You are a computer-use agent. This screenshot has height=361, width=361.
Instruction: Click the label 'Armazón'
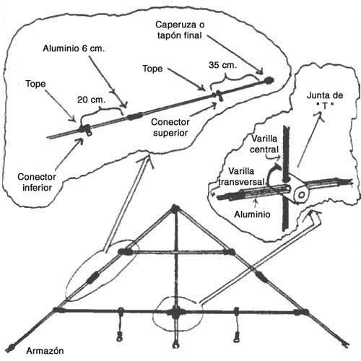tap(45, 351)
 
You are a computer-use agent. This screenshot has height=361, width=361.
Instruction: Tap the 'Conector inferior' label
tap(37, 182)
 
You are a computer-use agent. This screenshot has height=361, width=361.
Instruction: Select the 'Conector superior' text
tap(170, 127)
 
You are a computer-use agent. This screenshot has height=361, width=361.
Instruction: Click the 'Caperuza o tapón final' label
tap(180, 30)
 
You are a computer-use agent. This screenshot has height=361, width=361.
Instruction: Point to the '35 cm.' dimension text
tap(222, 65)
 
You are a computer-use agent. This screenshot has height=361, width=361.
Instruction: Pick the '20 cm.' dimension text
tap(91, 100)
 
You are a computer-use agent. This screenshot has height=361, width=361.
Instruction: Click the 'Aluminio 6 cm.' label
tap(74, 48)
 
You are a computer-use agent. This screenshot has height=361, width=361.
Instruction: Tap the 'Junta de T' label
tap(325, 100)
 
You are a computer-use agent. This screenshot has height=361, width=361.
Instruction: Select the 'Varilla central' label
tap(264, 144)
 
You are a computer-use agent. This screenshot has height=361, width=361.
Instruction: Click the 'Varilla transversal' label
tap(241, 176)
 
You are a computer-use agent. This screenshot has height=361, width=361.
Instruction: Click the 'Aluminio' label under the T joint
tap(252, 214)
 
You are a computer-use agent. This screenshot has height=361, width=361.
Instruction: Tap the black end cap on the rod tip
tap(269, 79)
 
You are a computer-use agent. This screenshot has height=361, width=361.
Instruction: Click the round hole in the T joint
tap(301, 195)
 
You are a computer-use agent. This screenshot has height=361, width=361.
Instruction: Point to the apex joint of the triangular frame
tap(175, 208)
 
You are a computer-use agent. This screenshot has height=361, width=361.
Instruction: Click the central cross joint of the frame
tap(175, 313)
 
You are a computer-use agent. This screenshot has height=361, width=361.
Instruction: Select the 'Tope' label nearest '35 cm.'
tap(152, 69)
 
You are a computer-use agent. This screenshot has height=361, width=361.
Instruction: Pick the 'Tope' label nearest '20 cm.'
tap(35, 84)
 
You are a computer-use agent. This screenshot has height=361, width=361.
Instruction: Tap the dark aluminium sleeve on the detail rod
tap(134, 117)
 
